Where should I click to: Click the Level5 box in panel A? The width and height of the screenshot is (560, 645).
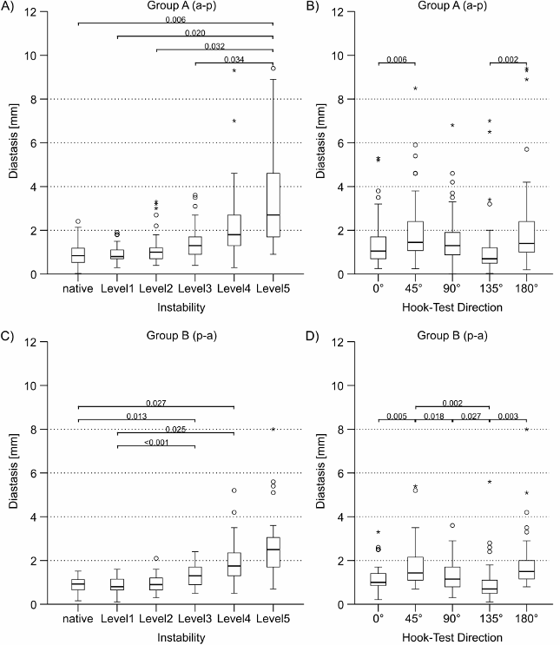273,205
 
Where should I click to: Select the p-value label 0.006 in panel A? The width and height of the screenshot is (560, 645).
176,17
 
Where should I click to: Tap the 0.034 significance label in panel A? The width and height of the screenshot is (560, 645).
234,59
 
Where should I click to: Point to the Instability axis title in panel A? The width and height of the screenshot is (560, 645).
175,306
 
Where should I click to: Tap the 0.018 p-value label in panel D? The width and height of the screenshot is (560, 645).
434,417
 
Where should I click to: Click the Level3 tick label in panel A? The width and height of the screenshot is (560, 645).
195,288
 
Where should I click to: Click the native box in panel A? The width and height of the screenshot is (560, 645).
78,254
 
